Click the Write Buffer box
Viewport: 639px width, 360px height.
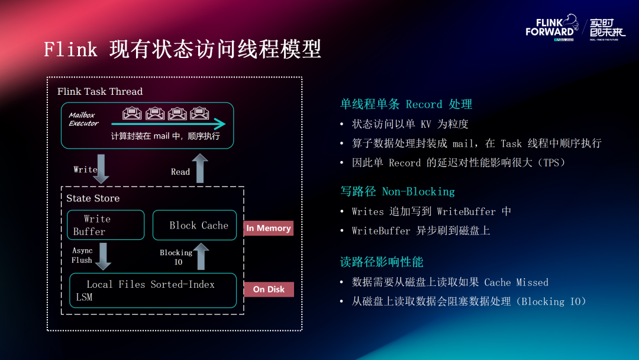(105, 225)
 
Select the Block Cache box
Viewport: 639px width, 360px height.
(195, 225)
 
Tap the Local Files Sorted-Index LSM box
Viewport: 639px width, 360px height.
(153, 290)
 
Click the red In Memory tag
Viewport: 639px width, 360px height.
(269, 229)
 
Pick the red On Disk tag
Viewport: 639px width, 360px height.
(269, 289)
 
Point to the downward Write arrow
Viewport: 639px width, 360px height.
(101, 169)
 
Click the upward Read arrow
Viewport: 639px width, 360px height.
(200, 168)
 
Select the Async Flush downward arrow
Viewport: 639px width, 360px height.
(103, 256)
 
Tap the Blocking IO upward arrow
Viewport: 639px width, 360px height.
(201, 256)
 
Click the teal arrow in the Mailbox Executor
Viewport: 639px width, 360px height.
(168, 124)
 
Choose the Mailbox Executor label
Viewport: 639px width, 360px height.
(83, 119)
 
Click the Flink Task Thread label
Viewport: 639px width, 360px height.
(100, 91)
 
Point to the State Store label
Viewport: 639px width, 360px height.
(93, 198)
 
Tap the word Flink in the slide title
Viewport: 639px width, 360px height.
(70, 50)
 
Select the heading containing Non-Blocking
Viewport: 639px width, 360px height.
(398, 191)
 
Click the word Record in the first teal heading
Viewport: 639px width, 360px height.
(424, 104)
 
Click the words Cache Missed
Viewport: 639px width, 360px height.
(517, 282)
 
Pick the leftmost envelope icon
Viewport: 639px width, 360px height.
(132, 113)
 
